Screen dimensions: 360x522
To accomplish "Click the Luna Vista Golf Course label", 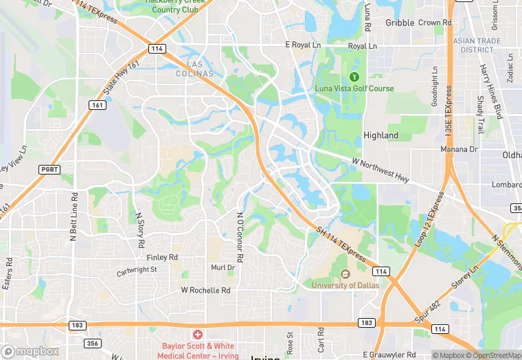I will pos(354,89).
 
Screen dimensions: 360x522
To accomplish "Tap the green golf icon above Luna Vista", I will pos(355,76).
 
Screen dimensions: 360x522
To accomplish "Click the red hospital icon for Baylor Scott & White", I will pos(198,335).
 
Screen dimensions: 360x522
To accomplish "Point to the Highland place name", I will pos(381,135).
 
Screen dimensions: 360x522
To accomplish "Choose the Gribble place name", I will pos(400,23).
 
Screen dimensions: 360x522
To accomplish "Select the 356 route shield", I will pos(93,343).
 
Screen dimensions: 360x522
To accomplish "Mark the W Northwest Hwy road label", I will pos(381,170).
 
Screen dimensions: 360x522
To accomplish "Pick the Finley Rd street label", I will pos(162,257).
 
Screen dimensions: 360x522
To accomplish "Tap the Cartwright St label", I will pos(137,271).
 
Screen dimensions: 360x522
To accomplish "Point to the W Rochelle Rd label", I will pos(205,291).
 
